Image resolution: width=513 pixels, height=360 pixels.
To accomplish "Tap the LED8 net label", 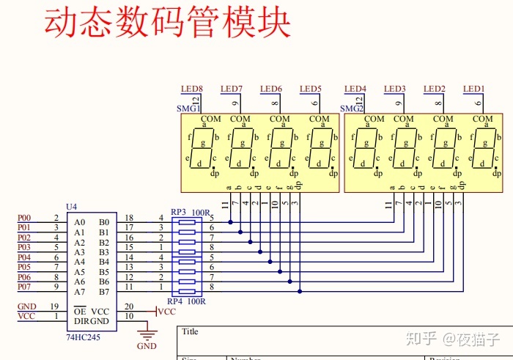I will [191, 89].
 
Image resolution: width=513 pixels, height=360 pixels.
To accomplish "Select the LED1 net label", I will [473, 89].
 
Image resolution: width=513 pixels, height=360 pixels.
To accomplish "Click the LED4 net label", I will [355, 89].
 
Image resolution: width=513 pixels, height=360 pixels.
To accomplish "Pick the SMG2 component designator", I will [352, 109].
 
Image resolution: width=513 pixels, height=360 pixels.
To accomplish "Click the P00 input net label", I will [25, 218].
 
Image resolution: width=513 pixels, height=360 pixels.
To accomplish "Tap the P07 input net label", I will [25, 287].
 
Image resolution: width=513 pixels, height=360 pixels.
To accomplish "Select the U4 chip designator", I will [71, 207].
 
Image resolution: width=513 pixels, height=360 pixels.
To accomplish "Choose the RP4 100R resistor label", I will [186, 301].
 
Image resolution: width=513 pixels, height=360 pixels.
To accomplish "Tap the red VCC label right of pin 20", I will [167, 312].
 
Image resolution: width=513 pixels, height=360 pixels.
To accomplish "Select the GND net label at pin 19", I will [26, 306].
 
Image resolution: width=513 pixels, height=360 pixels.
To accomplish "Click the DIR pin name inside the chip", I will [81, 321].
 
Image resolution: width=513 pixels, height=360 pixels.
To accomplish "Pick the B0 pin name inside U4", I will [103, 222].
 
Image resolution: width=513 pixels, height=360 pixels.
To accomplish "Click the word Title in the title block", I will [190, 331].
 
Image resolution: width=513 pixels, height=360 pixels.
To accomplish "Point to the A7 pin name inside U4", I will [79, 292].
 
